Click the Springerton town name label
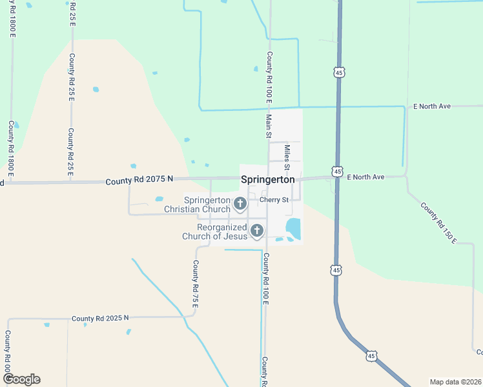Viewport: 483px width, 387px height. [x=267, y=180]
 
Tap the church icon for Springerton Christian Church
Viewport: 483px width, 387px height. [x=240, y=204]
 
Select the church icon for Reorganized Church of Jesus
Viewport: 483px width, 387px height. [x=257, y=230]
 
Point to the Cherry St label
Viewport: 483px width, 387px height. [x=274, y=200]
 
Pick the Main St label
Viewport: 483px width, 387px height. [x=268, y=126]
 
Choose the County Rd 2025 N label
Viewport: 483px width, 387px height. [x=100, y=318]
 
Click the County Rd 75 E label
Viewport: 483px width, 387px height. [x=194, y=284]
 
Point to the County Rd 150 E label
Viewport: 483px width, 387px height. [x=438, y=223]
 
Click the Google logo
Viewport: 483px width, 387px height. [x=21, y=379]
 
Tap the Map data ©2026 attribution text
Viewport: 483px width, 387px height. [x=455, y=381]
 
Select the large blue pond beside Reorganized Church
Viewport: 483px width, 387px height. [x=293, y=228]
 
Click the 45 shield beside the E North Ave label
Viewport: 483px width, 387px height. [x=337, y=172]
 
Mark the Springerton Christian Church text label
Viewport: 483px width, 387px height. [x=197, y=204]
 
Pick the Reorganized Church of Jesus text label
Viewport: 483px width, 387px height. [x=214, y=232]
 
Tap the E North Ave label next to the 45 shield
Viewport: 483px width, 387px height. [x=365, y=177]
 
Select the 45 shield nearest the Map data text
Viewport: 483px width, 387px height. [x=371, y=356]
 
